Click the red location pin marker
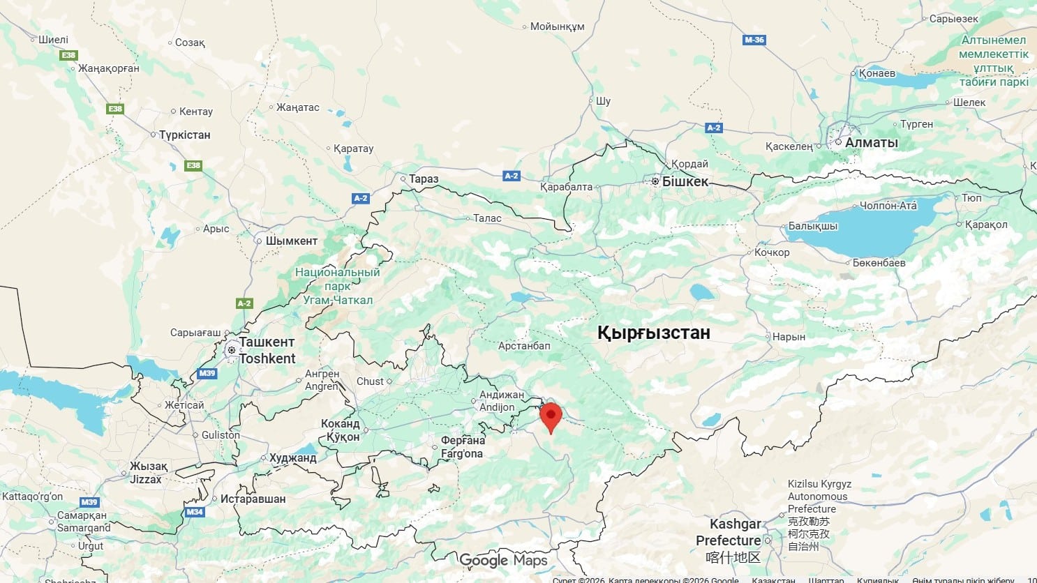pos(551,416)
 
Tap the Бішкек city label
pos(685,181)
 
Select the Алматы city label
pos(871,142)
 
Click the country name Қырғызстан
pos(654,333)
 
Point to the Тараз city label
pos(424,179)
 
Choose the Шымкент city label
pos(291,241)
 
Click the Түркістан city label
pos(184,135)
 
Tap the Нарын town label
pos(789,337)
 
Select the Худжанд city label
pos(292,458)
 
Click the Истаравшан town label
pos(253,499)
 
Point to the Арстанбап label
pos(524,346)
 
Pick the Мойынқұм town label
pos(557,27)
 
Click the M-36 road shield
pos(754,40)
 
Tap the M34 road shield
pos(195,512)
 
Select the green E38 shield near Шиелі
pos(68,55)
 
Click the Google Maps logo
pos(503,560)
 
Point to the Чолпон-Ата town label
pos(888,206)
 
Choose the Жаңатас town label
pos(297,107)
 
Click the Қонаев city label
pos(876,73)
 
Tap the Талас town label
pos(487,218)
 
